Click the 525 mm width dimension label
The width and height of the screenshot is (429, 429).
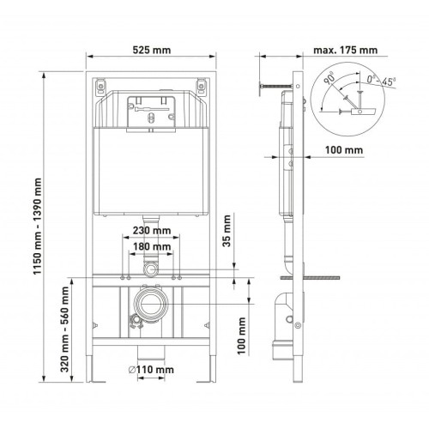[152, 50]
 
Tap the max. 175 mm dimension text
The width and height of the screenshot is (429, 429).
[346, 50]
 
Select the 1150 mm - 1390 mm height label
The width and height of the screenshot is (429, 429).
[38, 226]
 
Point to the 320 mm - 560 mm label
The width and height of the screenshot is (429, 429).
[65, 329]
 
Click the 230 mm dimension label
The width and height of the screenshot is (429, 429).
[152, 230]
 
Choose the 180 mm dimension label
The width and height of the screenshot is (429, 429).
[152, 246]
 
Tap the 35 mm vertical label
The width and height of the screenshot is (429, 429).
[227, 231]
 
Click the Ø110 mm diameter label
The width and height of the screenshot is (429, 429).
[151, 370]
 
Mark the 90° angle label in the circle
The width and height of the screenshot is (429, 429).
[329, 78]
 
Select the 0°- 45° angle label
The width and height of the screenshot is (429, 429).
[382, 80]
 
